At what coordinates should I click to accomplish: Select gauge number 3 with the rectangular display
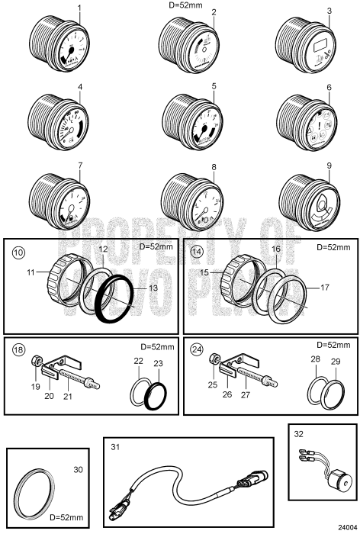tap(305, 45)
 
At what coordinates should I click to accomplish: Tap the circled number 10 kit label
tap(18, 250)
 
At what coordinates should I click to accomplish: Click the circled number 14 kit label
tap(197, 250)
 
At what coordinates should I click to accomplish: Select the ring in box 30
tap(37, 488)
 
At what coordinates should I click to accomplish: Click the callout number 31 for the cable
tap(115, 446)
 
